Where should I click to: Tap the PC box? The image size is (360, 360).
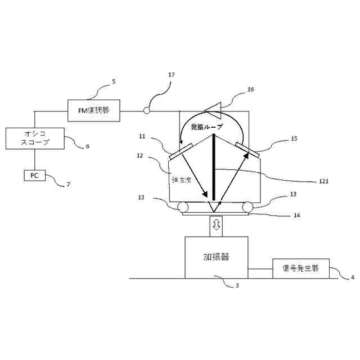(x=34, y=175)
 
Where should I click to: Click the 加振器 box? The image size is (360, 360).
(x=216, y=257)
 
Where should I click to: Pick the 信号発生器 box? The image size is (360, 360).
(x=300, y=268)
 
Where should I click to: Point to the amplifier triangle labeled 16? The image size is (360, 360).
(x=214, y=107)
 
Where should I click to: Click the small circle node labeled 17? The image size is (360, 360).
(x=146, y=111)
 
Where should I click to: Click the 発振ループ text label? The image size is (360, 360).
(x=206, y=127)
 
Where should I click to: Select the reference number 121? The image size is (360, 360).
(x=322, y=181)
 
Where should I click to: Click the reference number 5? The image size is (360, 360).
(x=114, y=82)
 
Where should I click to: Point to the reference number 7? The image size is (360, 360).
(x=69, y=184)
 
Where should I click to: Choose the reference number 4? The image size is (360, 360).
(x=353, y=277)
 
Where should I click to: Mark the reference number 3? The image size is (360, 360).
(x=237, y=286)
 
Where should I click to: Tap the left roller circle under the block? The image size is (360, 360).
(x=184, y=207)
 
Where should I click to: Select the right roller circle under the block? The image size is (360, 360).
(x=247, y=207)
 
